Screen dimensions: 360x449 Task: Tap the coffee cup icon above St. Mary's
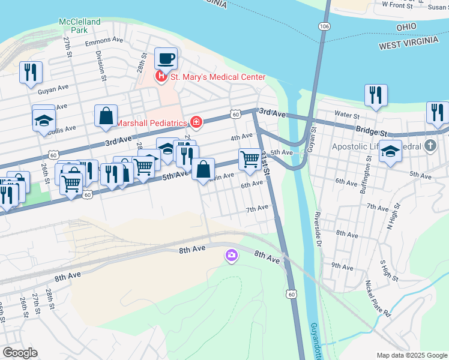coord(166,59)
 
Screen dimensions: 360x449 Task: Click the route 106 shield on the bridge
coord(324,27)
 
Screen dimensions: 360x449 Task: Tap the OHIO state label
coord(406,28)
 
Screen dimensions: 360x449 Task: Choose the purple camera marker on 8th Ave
coord(231,256)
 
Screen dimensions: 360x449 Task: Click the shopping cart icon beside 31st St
coord(250,160)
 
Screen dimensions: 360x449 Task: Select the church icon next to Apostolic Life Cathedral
coord(430,146)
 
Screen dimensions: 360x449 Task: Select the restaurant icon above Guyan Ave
coord(30,73)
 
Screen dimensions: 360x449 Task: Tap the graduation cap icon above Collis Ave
coord(44,120)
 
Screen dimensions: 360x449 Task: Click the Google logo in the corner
coord(19,353)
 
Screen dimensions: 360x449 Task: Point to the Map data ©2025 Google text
coord(411,355)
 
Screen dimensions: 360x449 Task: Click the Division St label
coord(101,65)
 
